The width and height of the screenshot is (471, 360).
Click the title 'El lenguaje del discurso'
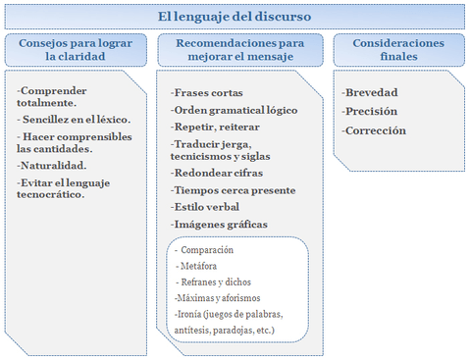pyautogui.click(x=235, y=17)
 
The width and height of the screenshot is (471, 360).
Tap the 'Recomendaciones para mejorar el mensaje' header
pyautogui.click(x=239, y=50)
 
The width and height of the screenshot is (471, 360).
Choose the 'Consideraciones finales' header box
pyautogui.click(x=398, y=50)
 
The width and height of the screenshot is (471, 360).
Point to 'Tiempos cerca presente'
pyautogui.click(x=232, y=189)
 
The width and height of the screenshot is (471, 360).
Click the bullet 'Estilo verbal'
pyautogui.click(x=205, y=207)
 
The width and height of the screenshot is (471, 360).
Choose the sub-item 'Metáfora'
pyautogui.click(x=198, y=266)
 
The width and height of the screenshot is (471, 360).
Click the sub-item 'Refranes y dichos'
pyautogui.click(x=216, y=282)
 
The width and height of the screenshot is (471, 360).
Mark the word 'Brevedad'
pyautogui.click(x=371, y=92)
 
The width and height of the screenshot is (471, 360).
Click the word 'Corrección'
pyautogui.click(x=374, y=129)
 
